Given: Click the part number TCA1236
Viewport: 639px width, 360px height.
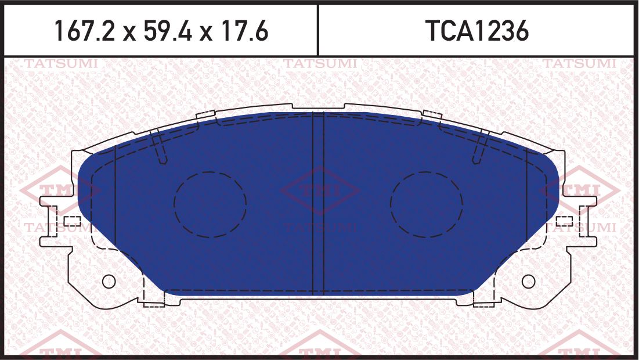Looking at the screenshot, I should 477,31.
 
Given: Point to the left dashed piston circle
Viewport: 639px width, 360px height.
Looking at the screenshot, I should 210,204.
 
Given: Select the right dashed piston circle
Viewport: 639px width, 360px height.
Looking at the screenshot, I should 427,204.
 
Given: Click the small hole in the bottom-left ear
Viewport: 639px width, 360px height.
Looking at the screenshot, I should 109,281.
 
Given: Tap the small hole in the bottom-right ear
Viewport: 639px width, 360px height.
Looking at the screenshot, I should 528,281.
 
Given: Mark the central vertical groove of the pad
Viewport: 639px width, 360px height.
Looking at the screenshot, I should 318,203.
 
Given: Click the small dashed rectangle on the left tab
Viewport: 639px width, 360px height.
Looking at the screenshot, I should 72,221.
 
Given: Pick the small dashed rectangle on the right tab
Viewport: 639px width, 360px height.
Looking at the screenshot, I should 564,221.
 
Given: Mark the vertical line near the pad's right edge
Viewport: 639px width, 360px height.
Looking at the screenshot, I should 526,197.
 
